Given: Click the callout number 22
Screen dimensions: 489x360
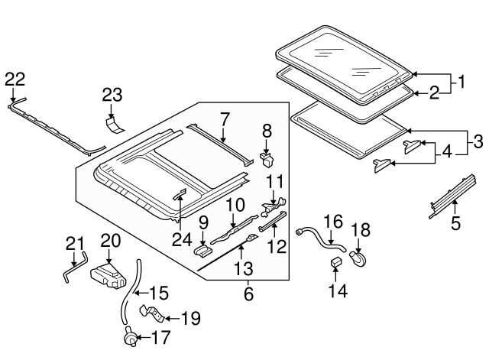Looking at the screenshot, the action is tap(15, 79).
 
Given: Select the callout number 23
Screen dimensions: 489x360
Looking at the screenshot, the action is tap(112, 95).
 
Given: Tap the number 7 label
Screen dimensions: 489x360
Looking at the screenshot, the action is tap(225, 119).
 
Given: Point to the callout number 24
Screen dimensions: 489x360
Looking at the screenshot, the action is tap(182, 239).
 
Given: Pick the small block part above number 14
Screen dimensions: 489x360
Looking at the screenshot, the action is tap(335, 262).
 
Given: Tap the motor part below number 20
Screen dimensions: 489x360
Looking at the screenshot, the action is tap(108, 276).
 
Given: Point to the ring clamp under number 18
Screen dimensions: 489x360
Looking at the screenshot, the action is tap(358, 259).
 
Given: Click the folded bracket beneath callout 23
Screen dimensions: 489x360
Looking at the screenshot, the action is tap(113, 125).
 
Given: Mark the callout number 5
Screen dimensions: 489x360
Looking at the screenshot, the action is tap(455, 223).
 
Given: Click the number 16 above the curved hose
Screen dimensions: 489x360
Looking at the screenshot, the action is tap(333, 221).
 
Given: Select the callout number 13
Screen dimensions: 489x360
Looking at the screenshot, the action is tap(243, 268).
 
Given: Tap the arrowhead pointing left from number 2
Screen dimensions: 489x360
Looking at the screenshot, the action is tap(416, 93).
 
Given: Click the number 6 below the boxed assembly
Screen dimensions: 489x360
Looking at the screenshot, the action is tap(248, 294).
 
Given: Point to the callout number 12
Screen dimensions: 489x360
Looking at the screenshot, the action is tap(277, 246).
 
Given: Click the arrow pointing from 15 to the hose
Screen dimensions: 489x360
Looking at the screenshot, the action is tap(141, 293).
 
